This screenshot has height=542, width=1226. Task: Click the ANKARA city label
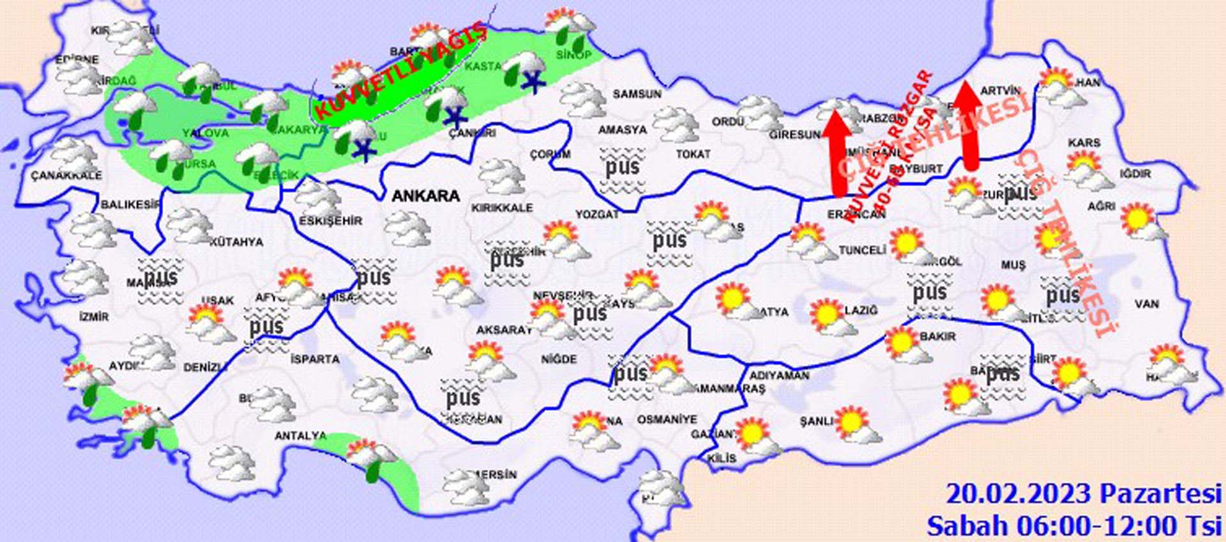point(425,196)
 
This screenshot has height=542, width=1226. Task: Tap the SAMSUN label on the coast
point(637,94)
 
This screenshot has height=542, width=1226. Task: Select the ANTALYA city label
point(300,436)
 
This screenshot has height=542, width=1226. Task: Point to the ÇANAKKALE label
point(66,175)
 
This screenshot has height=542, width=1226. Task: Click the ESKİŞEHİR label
point(330,221)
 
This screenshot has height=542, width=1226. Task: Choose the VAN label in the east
point(1147,304)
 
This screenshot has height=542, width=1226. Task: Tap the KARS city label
point(1084,142)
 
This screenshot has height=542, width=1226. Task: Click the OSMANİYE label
point(667,420)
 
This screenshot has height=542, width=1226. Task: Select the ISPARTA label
point(315,359)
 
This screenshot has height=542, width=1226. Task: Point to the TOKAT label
point(693,154)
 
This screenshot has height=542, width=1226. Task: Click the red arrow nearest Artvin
point(969,125)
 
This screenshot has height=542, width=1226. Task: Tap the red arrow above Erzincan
point(837,153)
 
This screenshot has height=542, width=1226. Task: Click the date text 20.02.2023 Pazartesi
point(1083,494)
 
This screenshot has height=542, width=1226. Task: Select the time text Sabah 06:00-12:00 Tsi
point(1074,525)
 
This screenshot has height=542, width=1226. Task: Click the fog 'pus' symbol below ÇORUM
point(622,169)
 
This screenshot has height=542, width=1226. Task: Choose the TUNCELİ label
point(862,251)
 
